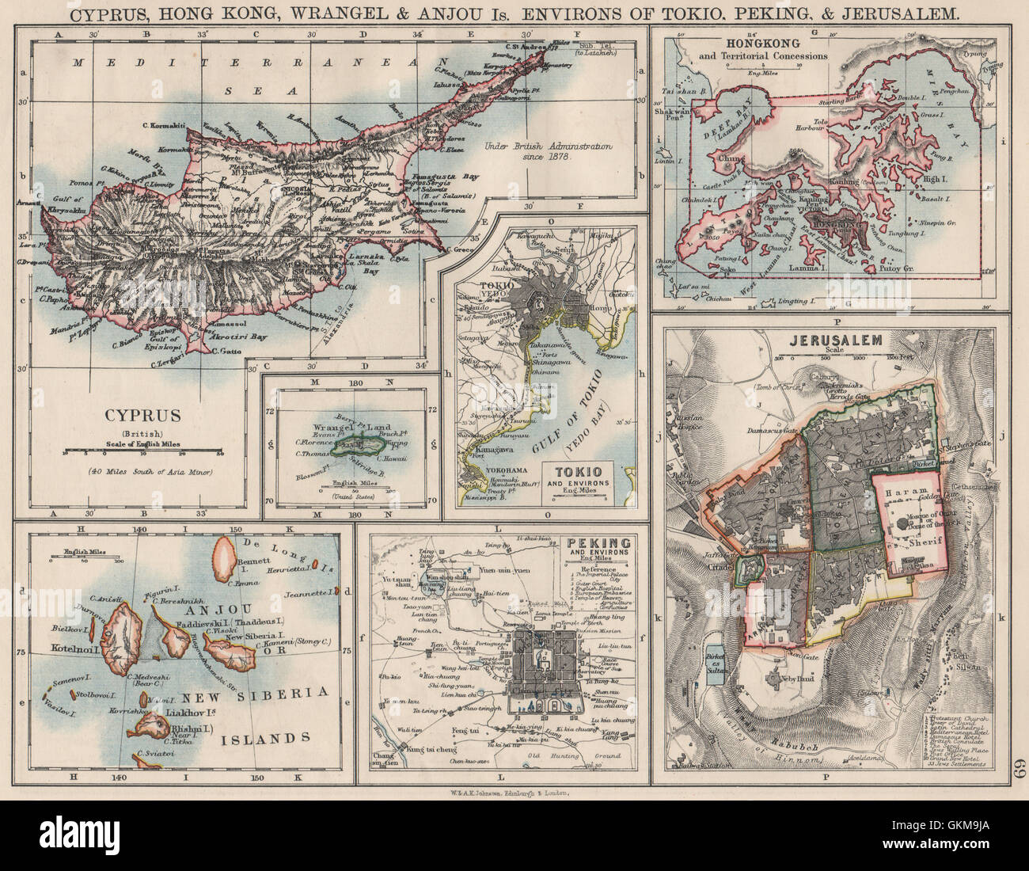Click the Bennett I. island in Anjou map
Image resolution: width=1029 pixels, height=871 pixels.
tap(224, 550)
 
